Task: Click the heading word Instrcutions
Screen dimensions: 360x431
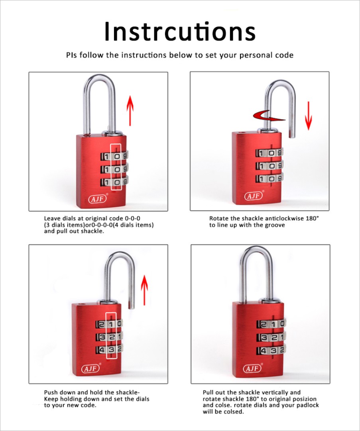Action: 180,31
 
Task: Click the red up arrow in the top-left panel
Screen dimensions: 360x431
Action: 130,110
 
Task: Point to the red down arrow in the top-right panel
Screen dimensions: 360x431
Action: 309,116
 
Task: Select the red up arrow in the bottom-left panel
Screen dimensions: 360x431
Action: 144,290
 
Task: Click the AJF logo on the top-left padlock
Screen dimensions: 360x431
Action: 98,198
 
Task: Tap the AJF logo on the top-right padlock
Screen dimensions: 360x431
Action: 254,196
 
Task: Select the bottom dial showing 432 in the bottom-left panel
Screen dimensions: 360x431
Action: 109,350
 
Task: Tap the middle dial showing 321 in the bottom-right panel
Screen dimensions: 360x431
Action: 271,337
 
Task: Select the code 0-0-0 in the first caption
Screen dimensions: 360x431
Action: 132,219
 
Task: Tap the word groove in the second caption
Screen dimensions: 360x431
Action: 275,225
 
